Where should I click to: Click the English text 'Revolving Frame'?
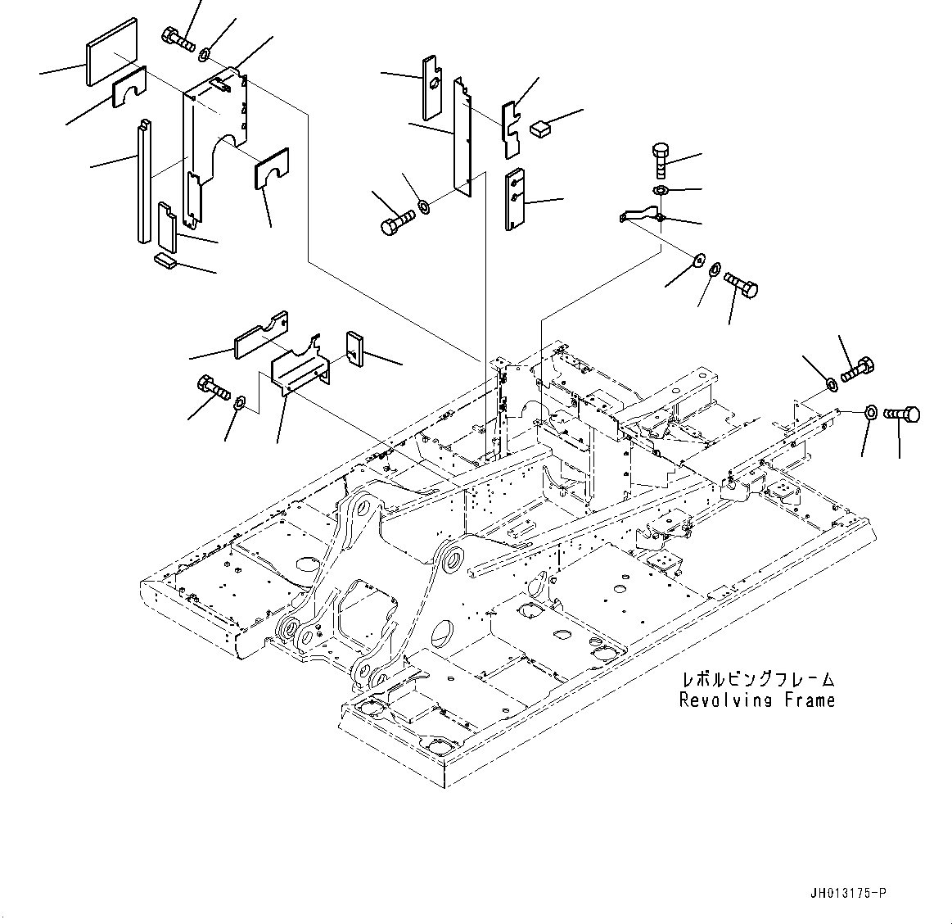757,700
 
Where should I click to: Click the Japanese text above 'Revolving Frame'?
758,680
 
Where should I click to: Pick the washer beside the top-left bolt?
204,56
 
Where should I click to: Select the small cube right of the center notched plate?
542,128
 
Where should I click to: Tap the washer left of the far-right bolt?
871,411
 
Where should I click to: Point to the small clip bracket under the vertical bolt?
641,216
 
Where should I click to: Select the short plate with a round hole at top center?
432,86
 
